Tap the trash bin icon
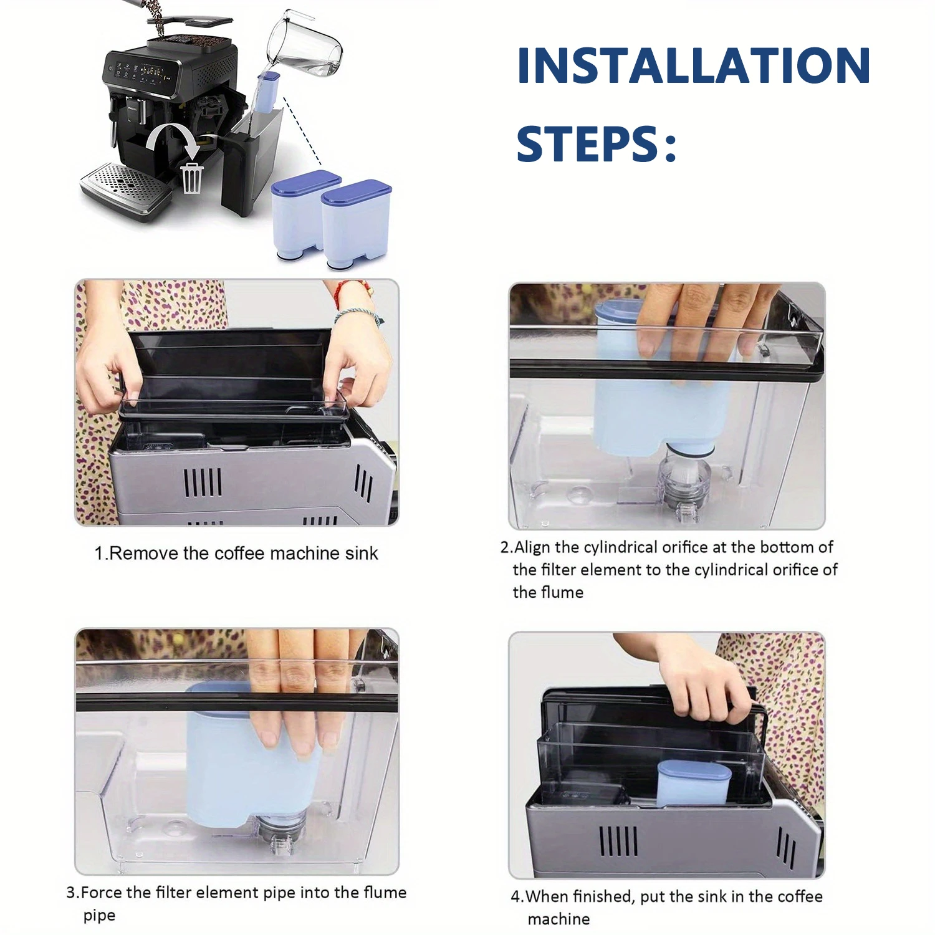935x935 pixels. [192, 178]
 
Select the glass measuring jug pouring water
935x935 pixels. [305, 47]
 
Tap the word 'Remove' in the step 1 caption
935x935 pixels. [144, 554]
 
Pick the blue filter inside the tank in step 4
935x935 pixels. [692, 783]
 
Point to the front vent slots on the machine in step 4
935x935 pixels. [618, 841]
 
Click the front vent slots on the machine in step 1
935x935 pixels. [203, 482]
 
